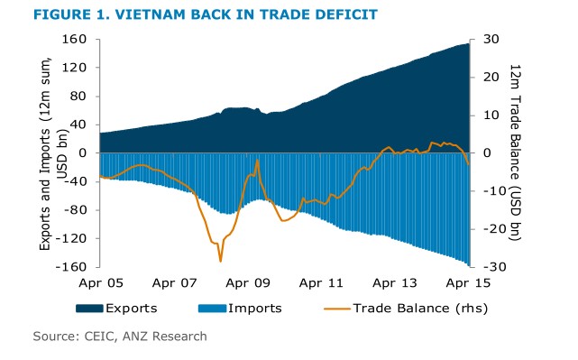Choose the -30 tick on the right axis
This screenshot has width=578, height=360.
tap(491, 267)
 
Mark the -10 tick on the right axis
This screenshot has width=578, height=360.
tap(491, 191)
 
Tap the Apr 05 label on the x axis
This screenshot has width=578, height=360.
tap(100, 282)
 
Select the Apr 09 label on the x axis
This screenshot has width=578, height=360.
tap(249, 282)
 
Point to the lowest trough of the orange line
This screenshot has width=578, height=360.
tap(220, 261)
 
